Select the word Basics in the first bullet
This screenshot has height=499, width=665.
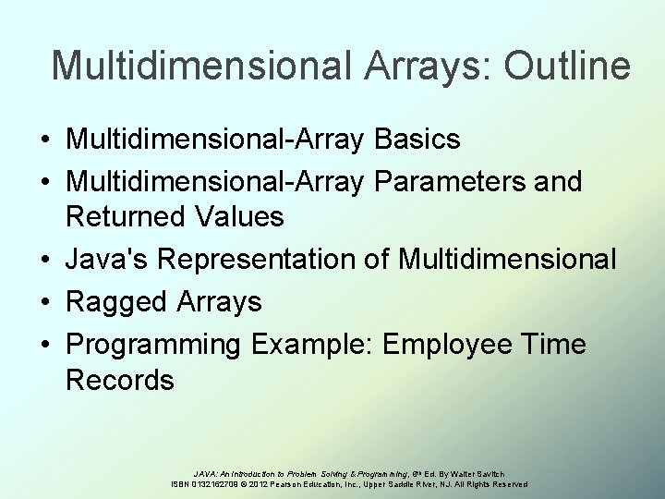(418, 140)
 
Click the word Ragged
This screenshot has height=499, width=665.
(115, 302)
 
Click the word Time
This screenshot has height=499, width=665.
(552, 343)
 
